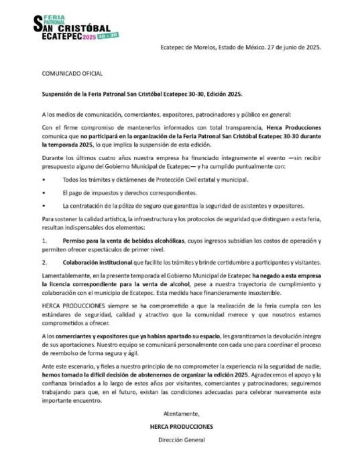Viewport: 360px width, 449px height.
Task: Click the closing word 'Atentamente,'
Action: pyautogui.click(x=180, y=413)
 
